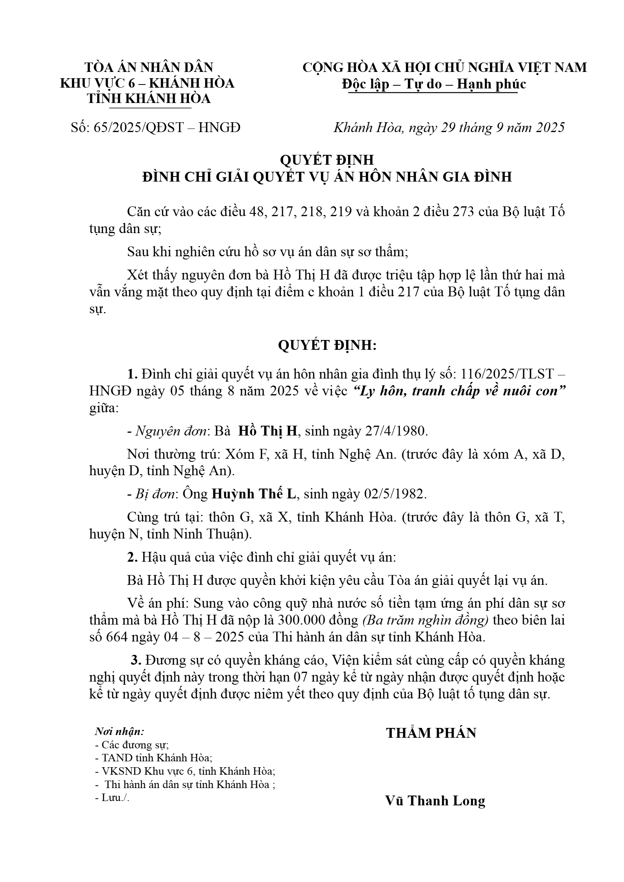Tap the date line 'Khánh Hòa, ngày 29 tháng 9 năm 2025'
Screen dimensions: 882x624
click(449, 128)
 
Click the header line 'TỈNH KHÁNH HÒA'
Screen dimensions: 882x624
click(149, 99)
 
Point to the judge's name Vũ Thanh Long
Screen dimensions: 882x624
click(435, 801)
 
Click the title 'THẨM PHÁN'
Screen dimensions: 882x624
click(431, 733)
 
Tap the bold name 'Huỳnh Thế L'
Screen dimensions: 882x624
click(254, 494)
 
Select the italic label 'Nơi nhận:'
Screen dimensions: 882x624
click(120, 731)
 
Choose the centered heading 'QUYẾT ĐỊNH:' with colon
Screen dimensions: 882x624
click(327, 345)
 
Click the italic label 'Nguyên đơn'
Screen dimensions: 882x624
click(171, 431)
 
